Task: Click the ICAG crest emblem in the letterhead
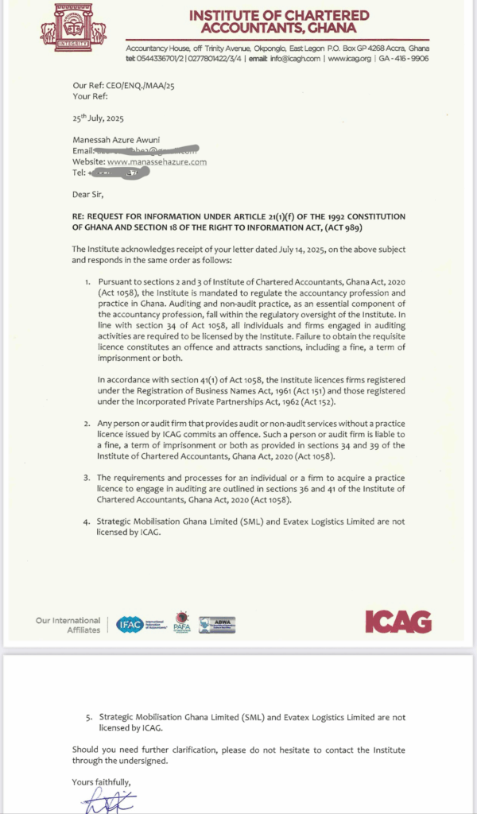coord(73,25)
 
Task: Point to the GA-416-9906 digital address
coord(404,58)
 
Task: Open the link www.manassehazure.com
coord(157,162)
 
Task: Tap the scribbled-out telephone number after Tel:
coord(118,172)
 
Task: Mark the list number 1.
coord(87,282)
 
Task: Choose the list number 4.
coord(87,521)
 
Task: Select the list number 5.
coord(87,717)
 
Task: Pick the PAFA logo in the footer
coord(182,623)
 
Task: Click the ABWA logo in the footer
coord(216,624)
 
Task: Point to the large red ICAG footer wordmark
coord(397,622)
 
